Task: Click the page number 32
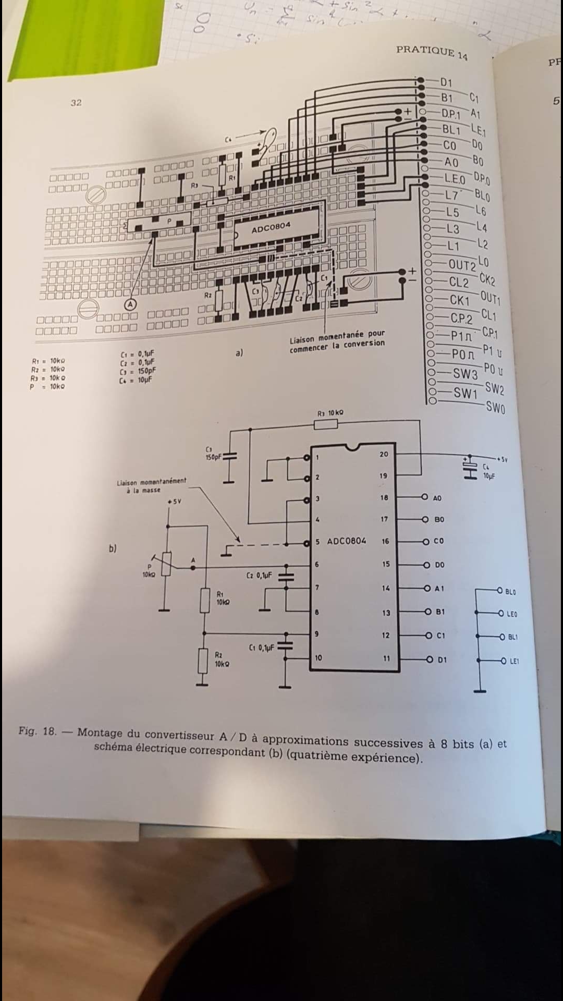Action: tap(76, 103)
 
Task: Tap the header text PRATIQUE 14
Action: tap(432, 52)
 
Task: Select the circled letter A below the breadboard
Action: tap(130, 304)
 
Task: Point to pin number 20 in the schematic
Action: tap(384, 454)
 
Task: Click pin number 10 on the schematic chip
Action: tap(318, 657)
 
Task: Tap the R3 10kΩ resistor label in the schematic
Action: tap(331, 413)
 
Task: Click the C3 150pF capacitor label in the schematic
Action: tap(213, 453)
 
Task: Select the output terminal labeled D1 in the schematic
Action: tap(442, 660)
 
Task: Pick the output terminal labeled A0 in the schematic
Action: tap(437, 498)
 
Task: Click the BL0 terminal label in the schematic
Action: tap(510, 592)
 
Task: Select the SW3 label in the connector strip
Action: tap(465, 374)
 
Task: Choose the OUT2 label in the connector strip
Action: tap(462, 265)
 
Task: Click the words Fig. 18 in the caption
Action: tap(38, 731)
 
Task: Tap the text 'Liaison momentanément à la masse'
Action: tap(151, 485)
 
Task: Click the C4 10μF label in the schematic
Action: tap(488, 471)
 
